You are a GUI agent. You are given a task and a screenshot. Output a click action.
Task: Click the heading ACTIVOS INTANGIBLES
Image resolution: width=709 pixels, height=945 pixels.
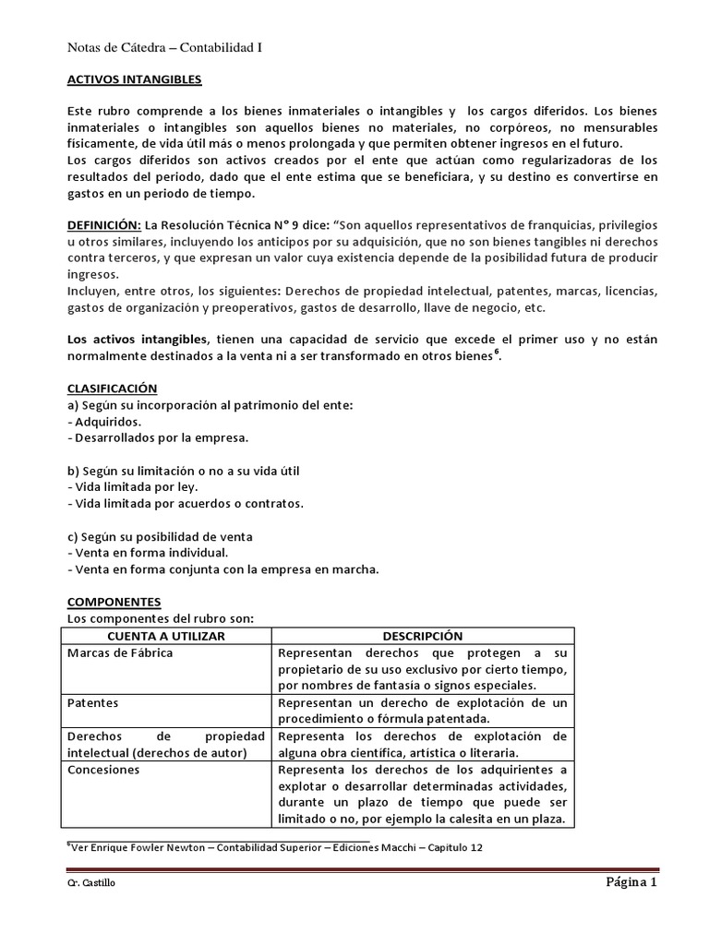tap(135, 80)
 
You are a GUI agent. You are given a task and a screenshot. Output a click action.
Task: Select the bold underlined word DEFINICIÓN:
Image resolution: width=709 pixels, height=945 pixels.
tap(104, 224)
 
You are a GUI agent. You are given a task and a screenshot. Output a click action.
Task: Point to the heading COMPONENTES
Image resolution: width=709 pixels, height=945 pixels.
tap(115, 602)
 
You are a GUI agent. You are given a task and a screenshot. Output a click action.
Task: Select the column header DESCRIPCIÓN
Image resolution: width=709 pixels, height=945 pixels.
tap(423, 637)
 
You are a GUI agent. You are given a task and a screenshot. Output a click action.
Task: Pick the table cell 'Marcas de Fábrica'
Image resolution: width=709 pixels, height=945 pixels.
tap(121, 653)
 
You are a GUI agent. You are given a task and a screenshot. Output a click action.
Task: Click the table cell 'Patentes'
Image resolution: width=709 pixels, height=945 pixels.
tap(92, 702)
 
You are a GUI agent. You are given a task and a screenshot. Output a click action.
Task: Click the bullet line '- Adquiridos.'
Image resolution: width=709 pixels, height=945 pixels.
tap(105, 421)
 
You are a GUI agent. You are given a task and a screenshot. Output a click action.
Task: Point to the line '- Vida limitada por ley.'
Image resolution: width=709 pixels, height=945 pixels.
tap(133, 486)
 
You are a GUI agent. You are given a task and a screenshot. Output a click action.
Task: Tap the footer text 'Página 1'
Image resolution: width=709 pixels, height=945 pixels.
tap(631, 882)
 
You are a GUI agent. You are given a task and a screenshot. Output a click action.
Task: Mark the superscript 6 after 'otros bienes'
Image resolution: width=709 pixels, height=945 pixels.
tap(496, 352)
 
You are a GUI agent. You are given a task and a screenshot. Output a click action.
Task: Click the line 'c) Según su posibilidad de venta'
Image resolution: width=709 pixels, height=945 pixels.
tap(161, 536)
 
